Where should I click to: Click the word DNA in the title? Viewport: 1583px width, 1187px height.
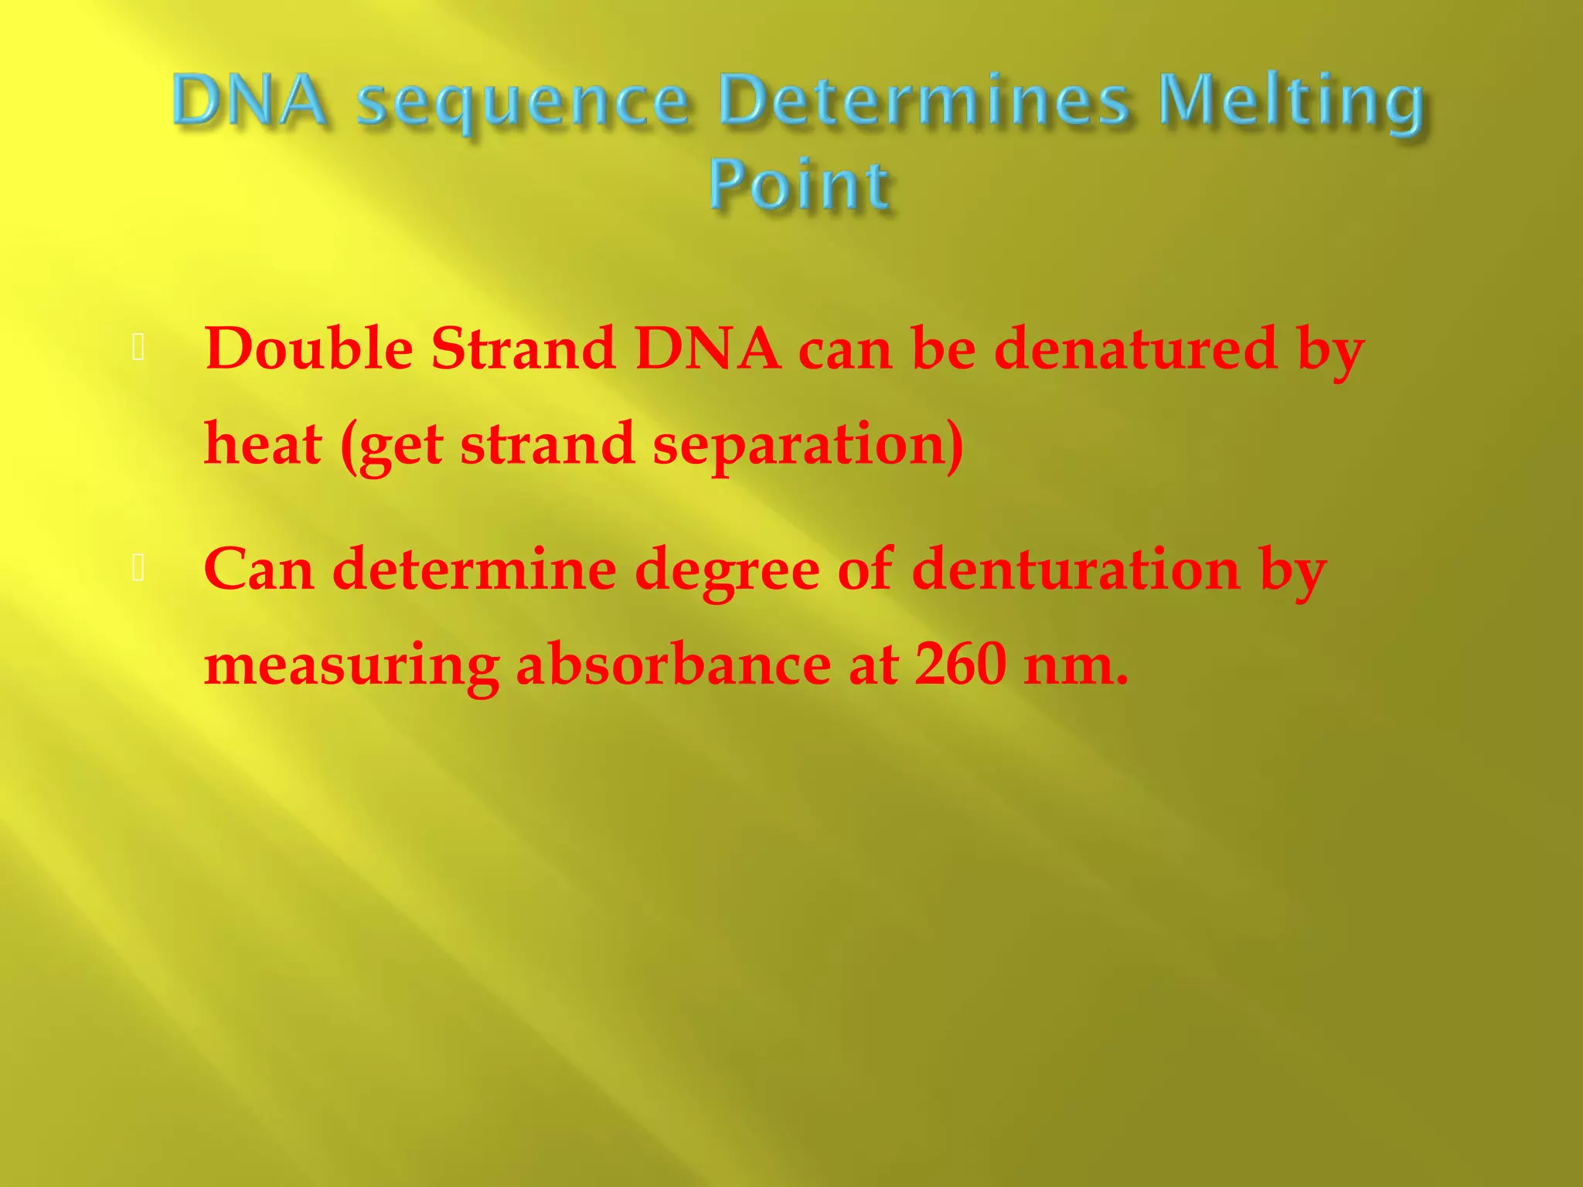[249, 100]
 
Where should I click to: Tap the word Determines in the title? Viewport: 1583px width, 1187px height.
[924, 100]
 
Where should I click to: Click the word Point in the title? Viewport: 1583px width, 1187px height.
[799, 186]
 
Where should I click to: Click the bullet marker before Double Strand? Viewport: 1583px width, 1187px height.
[139, 349]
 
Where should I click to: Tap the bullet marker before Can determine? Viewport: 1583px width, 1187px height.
[139, 569]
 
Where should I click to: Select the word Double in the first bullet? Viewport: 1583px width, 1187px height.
[308, 349]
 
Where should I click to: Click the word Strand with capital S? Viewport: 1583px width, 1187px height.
[523, 349]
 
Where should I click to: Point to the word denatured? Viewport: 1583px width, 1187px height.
[1135, 349]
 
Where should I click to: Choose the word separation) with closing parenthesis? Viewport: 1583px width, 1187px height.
[808, 447]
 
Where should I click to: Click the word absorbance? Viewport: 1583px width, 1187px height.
[672, 665]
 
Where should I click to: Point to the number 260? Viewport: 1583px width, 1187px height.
[960, 665]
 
